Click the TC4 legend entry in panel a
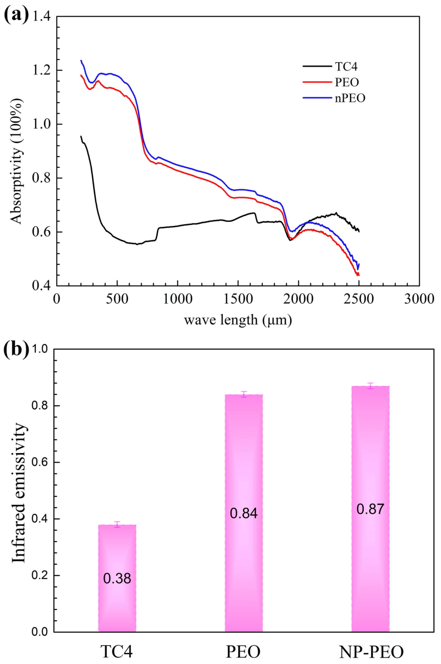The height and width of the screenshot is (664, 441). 346,67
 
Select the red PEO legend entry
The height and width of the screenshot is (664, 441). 347,82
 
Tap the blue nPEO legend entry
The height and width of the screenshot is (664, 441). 350,98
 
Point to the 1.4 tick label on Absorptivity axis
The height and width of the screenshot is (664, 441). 41,17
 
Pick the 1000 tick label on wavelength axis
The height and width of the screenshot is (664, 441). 178,299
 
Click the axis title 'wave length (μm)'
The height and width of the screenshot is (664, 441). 238,320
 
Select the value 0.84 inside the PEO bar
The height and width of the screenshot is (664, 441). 244,513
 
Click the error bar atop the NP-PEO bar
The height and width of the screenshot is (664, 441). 371,386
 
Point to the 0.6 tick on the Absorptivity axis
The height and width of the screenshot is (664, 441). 41,232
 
